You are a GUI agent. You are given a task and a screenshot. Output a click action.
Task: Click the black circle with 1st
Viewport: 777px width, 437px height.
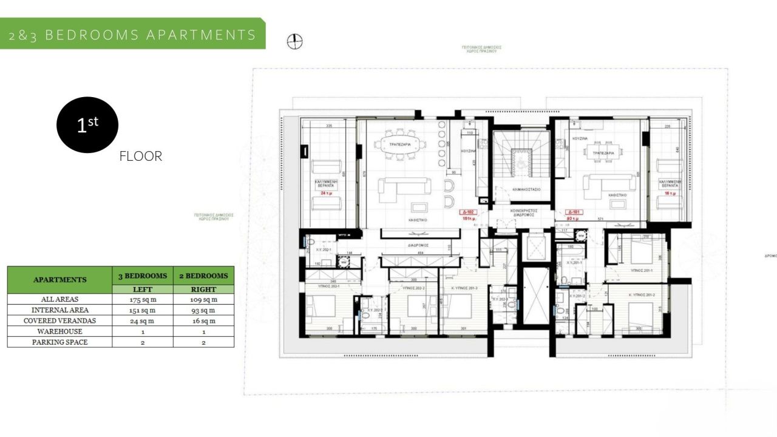pos(87,125)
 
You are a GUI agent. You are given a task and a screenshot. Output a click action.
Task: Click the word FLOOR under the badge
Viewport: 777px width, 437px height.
pos(141,156)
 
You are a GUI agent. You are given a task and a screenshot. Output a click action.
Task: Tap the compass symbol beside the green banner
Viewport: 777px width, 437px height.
pos(294,41)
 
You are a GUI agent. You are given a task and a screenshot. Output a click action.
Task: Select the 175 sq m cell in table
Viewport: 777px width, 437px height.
pos(143,299)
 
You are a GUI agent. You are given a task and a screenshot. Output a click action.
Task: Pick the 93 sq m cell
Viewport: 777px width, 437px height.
pos(203,310)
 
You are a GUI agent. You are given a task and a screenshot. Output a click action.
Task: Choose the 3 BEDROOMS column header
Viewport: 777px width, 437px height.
pos(143,276)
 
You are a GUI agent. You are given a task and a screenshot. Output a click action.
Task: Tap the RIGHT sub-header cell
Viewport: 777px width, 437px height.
pos(203,290)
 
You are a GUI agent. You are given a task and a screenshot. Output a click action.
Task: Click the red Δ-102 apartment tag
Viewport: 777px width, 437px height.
pos(466,213)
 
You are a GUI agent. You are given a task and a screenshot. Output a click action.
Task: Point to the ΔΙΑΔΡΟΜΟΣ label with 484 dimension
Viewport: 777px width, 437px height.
pos(418,245)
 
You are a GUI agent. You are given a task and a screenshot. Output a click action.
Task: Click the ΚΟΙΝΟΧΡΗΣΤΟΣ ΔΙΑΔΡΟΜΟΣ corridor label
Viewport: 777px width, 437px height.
pos(522,211)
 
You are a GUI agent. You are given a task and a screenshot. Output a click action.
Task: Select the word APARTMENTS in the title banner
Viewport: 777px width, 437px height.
pos(202,35)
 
